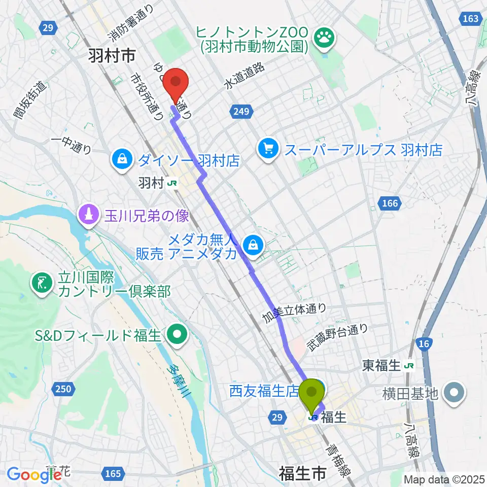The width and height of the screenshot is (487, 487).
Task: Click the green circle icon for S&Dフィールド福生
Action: pos(177,335)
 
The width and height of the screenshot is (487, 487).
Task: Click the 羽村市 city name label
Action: pos(111,56)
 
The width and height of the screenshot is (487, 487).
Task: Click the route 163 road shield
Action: pos(471,19)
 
